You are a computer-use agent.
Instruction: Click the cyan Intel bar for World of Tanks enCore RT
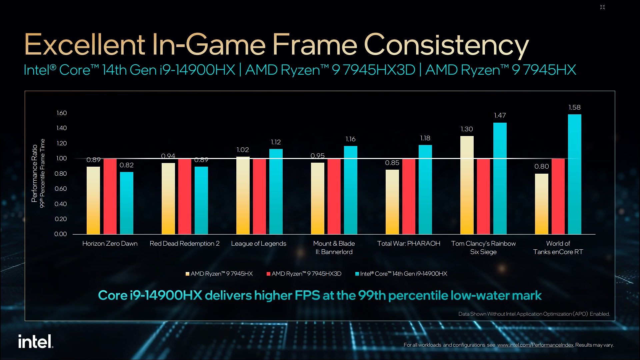tap(574, 174)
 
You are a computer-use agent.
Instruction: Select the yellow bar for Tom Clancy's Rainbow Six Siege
tap(467, 185)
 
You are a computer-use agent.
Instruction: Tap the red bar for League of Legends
tap(259, 196)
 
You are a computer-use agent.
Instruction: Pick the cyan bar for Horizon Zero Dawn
tap(127, 203)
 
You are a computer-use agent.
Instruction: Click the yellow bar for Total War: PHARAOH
tap(392, 202)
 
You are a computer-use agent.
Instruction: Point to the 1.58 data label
tap(574, 107)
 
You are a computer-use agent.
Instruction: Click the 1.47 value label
tap(500, 115)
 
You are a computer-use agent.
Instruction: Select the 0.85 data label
tap(392, 163)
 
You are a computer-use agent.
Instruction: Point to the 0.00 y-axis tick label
tap(61, 234)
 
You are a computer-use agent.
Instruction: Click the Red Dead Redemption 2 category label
tap(185, 243)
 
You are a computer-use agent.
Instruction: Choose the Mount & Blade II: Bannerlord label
tap(334, 248)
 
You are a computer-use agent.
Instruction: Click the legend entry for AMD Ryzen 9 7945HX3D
tap(304, 274)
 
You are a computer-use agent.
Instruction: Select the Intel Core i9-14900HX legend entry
tap(401, 274)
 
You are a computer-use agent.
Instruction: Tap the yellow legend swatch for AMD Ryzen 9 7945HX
tap(188, 274)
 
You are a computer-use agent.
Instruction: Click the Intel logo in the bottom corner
tap(36, 341)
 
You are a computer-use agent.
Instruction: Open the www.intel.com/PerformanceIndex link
tap(535, 345)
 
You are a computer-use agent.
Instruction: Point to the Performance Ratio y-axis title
tap(34, 173)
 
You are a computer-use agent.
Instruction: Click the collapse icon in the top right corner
tap(602, 7)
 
